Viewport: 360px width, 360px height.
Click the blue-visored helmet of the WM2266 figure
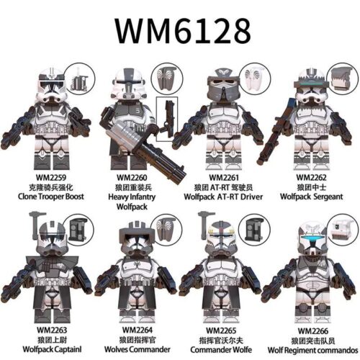(312, 231)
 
